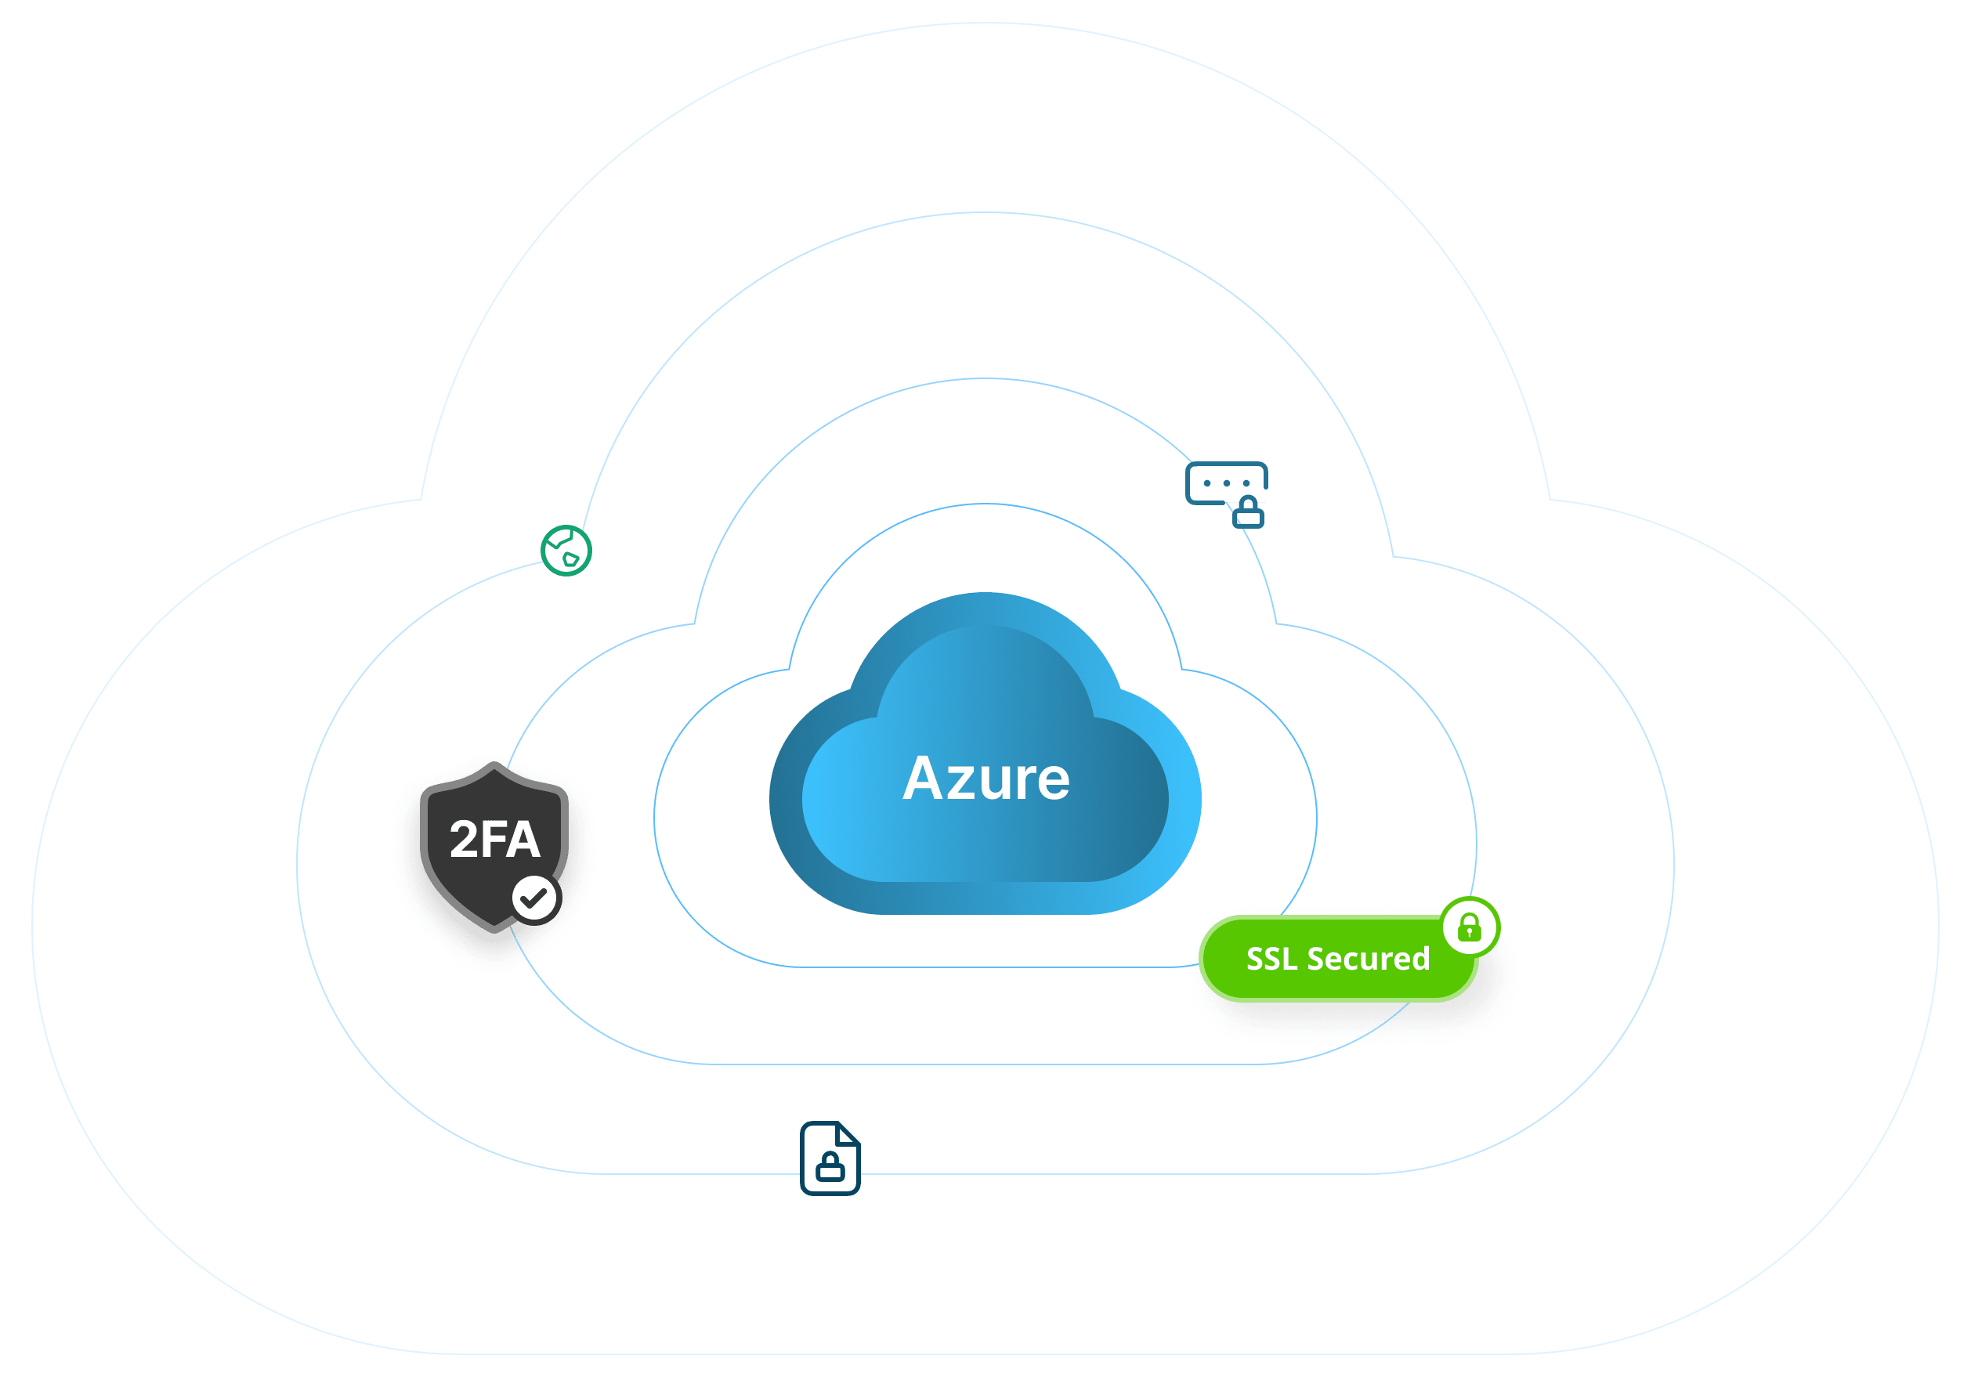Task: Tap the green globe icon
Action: tap(566, 551)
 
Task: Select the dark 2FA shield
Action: tap(494, 847)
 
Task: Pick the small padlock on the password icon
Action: tap(1248, 512)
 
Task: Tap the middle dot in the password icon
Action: tap(1227, 483)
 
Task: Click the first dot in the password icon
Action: tap(1207, 483)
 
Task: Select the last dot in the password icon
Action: tap(1246, 483)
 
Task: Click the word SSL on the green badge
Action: tap(1271, 958)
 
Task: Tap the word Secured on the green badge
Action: tap(1369, 958)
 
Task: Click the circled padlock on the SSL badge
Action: tap(1470, 927)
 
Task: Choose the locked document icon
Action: tap(830, 1158)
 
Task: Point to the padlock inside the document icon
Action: tap(830, 1166)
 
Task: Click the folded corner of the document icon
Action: tap(849, 1133)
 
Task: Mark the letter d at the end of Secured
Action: tap(1419, 958)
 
